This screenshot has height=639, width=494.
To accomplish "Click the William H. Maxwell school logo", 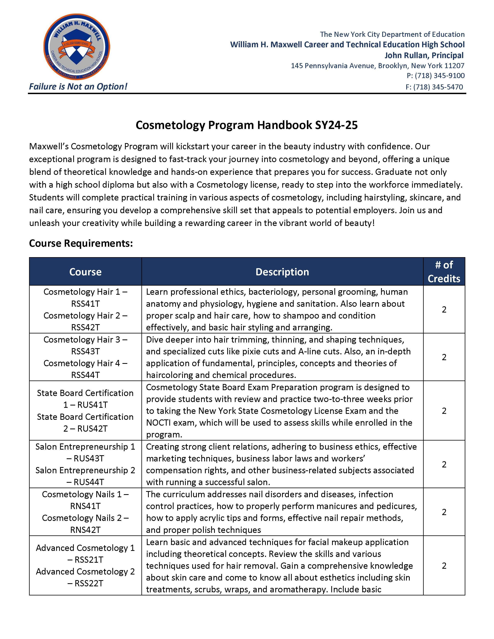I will coord(77,47).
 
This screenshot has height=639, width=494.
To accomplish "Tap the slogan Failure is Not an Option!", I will coord(78,87).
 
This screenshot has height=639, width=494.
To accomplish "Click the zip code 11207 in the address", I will coord(454,65).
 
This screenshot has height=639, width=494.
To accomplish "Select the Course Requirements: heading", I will coord(81,243).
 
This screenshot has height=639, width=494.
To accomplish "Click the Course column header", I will coord(85,272).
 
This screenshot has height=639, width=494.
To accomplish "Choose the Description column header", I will coord(282,272).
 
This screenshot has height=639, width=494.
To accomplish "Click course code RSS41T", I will coord(85,304).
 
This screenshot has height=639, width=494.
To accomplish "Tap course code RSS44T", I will coord(85,375).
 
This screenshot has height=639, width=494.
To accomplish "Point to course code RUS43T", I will coord(89,459).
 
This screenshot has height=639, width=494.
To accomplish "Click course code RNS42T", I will coord(85,530).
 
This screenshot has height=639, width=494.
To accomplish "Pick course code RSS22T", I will coord(89,583).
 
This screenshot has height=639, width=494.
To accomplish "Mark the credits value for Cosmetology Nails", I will coord(444,512).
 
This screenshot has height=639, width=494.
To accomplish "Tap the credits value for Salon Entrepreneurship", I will coord(444,464).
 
